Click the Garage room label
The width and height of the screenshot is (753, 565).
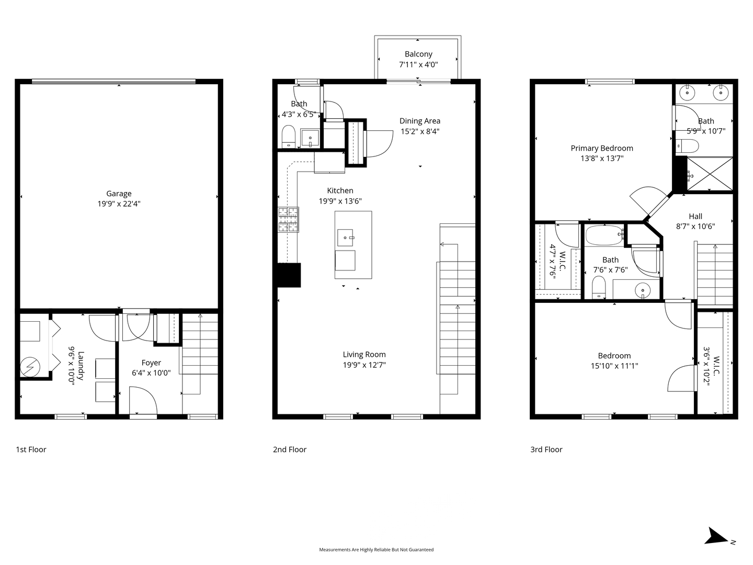click(119, 194)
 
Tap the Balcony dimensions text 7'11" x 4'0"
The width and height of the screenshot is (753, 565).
click(418, 64)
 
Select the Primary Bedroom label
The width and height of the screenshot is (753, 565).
click(602, 148)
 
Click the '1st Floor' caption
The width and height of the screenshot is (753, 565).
click(31, 449)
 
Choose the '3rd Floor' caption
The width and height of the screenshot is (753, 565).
click(546, 449)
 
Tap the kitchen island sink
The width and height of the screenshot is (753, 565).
click(345, 238)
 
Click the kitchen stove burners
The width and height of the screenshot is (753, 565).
click(288, 220)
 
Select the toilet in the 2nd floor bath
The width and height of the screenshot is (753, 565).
click(289, 136)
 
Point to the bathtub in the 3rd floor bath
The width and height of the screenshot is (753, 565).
click(604, 235)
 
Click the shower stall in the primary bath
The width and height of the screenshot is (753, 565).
click(710, 174)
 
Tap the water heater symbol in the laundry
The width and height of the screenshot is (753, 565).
click(30, 367)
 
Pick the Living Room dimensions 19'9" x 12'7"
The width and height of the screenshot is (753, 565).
click(364, 365)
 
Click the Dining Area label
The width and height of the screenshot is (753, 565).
click(420, 121)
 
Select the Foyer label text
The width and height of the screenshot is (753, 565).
click(151, 363)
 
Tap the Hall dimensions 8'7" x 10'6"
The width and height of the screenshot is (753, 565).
click(695, 227)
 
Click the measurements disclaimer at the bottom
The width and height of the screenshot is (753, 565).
click(376, 549)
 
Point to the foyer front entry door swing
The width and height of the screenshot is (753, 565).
click(143, 400)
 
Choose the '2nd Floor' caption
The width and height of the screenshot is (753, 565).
click(290, 449)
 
